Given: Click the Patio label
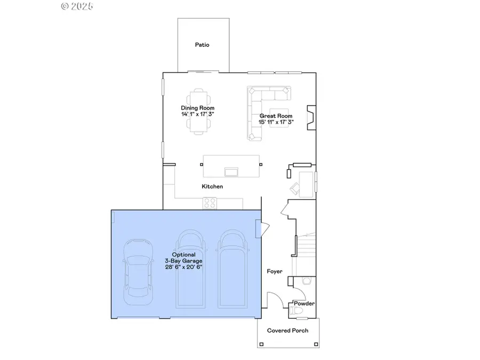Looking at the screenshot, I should point(202,45).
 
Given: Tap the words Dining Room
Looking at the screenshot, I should point(197,108).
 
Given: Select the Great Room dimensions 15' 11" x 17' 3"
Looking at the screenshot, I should point(276,122).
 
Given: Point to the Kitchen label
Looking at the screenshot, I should point(212,187).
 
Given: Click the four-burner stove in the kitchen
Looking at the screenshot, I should point(209,203).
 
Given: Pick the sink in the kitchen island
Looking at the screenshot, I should point(232,171).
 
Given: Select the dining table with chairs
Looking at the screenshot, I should point(198,111).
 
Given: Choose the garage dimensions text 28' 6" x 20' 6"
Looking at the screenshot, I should point(183,267).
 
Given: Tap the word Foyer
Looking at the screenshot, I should point(275,271).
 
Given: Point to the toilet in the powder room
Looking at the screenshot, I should point(297,309).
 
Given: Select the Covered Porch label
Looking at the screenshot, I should point(287,331).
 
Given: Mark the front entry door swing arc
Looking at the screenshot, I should point(274,299).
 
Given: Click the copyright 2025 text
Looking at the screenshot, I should point(77,6).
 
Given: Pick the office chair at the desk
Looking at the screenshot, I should point(295,187).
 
